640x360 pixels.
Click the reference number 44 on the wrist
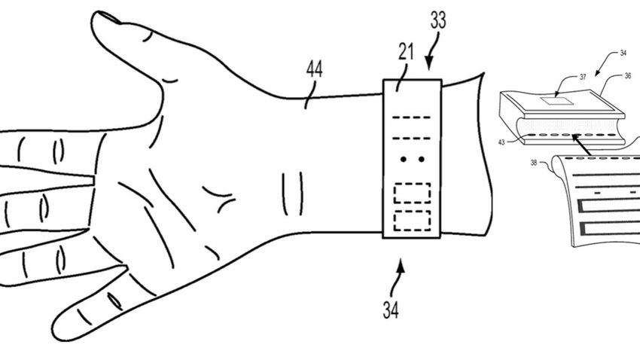314,69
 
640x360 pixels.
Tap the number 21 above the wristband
406,52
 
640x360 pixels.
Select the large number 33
438,20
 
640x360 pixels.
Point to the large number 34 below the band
391,310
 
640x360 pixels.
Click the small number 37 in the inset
583,77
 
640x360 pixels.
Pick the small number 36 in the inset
628,75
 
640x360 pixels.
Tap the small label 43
501,142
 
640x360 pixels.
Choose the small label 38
534,163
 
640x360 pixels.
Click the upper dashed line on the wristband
411,117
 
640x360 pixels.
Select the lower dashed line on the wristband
411,139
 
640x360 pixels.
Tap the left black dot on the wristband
404,159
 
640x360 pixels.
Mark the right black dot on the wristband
421,159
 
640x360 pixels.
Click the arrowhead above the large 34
401,266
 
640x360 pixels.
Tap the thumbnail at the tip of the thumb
109,17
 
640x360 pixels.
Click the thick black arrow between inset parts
581,145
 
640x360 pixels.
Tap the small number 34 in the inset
623,53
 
